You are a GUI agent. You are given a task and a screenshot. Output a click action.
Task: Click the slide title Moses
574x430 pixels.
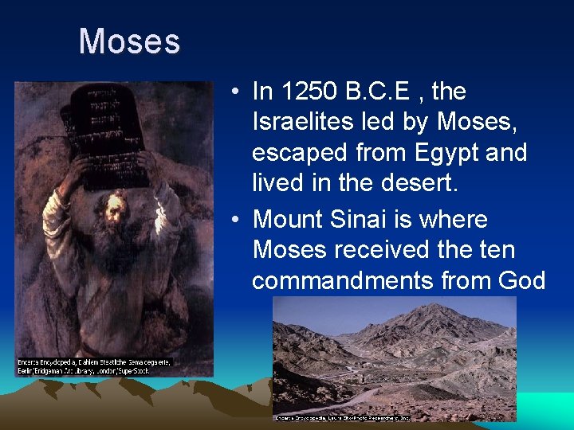[129, 41]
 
